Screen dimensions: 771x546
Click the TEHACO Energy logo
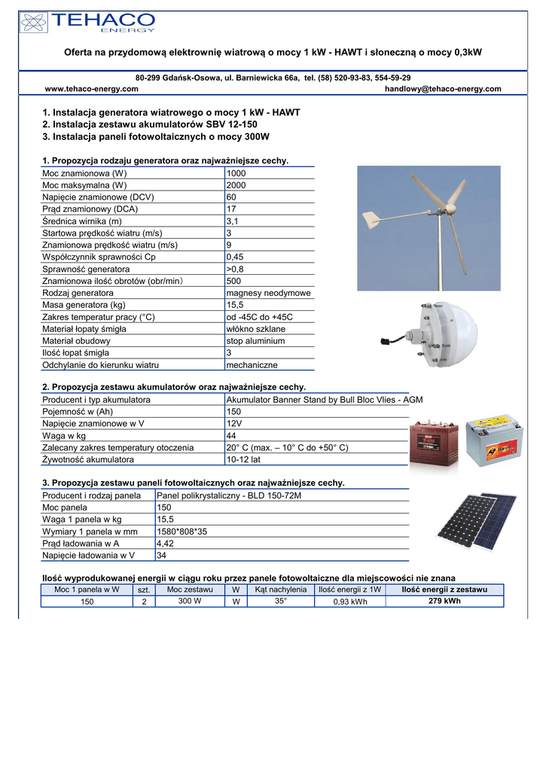click(x=90, y=23)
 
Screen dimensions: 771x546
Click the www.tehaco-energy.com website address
click(x=92, y=89)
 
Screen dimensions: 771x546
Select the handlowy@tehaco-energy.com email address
click(x=443, y=89)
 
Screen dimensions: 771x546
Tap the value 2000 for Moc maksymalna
click(x=236, y=185)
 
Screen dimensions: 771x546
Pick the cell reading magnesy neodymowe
click(x=268, y=293)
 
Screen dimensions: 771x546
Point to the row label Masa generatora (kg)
click(x=84, y=305)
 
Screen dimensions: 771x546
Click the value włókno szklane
click(x=256, y=329)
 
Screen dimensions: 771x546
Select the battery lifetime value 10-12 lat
click(x=245, y=459)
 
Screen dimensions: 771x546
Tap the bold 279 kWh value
click(x=444, y=602)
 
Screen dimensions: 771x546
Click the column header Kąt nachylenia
click(x=280, y=590)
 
